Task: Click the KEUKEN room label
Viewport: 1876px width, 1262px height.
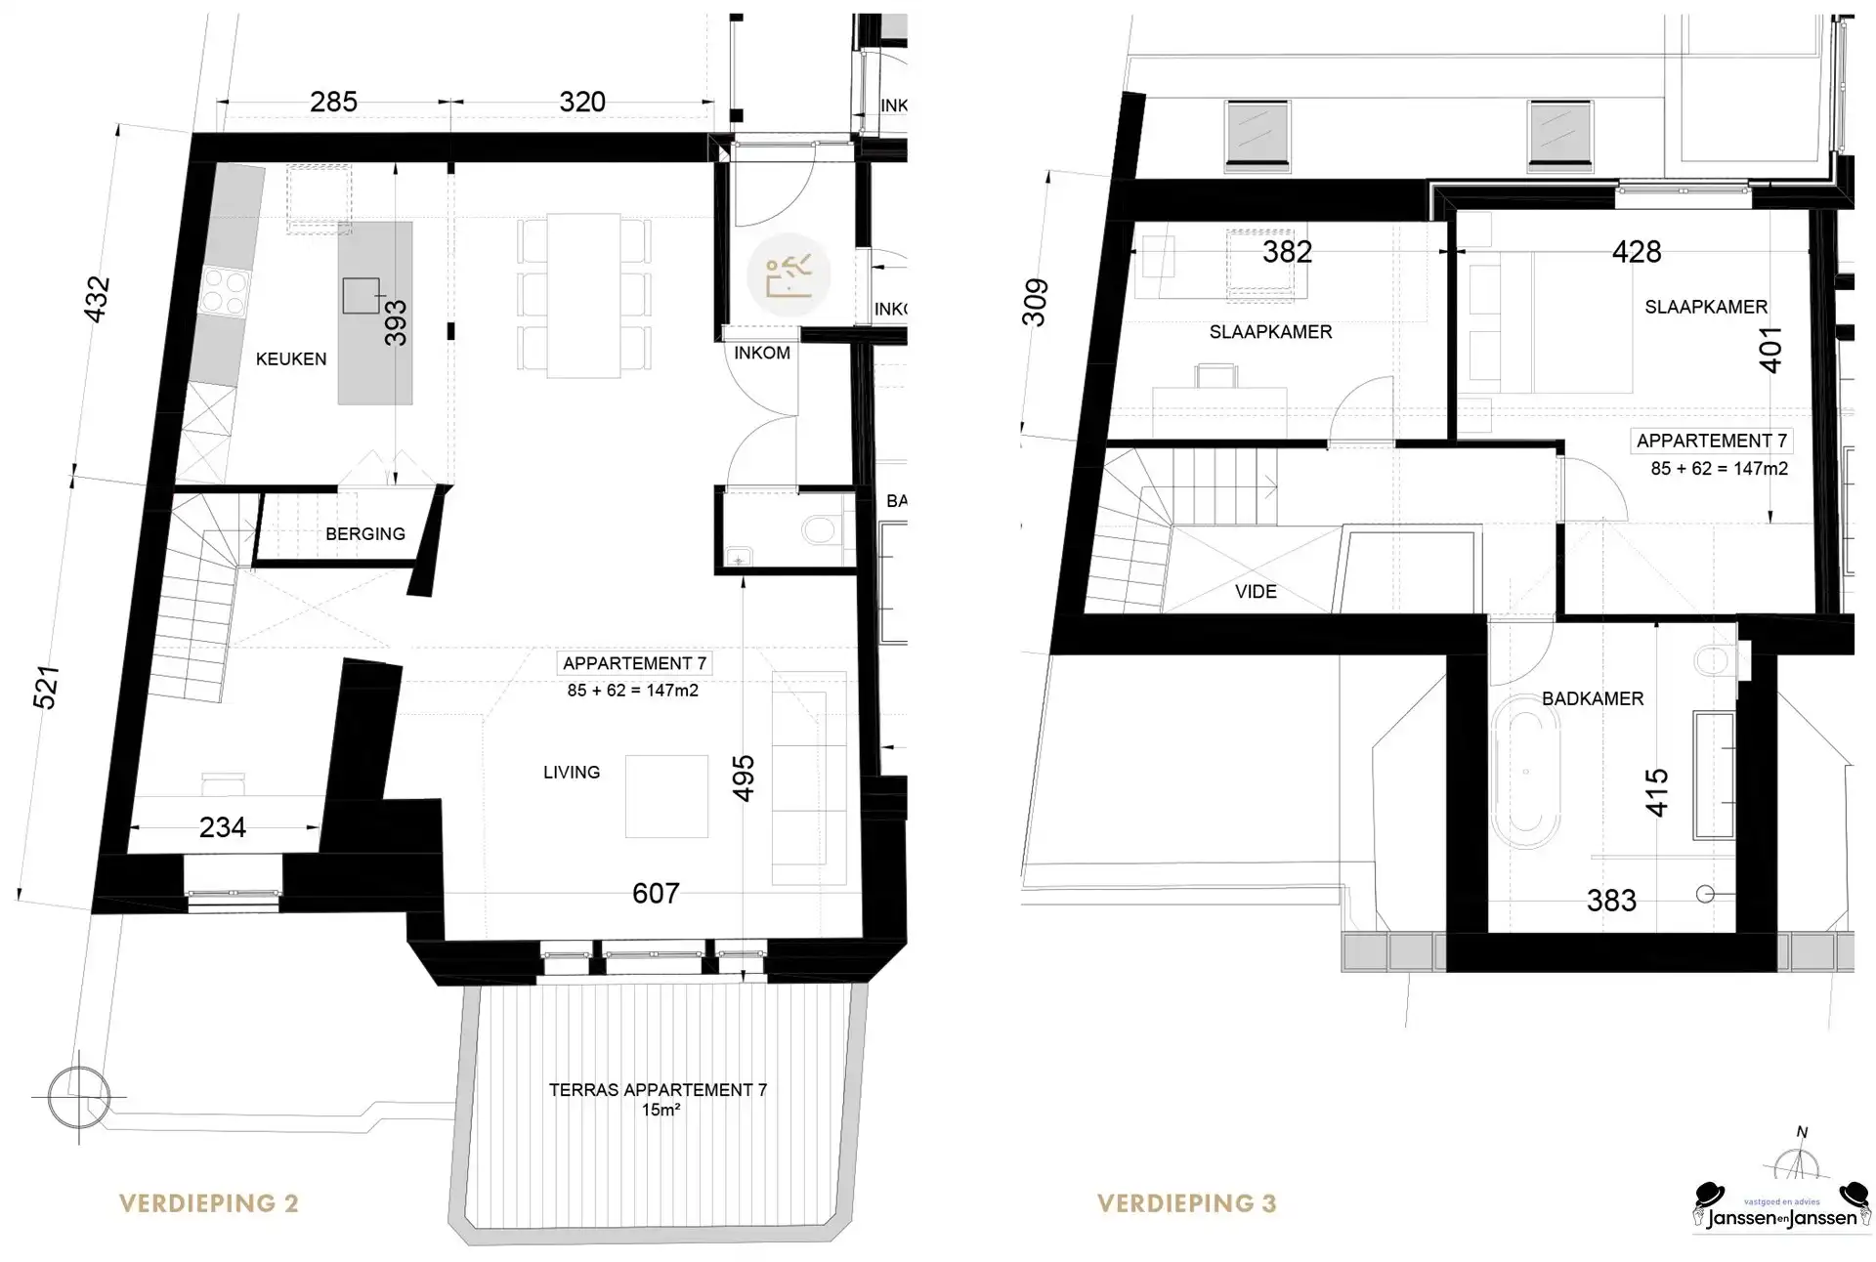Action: click(x=290, y=358)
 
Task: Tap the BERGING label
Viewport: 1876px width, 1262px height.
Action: click(x=364, y=533)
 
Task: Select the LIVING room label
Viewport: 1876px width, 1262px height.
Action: click(x=571, y=772)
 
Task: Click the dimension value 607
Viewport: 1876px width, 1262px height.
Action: click(x=655, y=893)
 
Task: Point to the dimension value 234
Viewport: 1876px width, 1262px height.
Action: click(x=222, y=827)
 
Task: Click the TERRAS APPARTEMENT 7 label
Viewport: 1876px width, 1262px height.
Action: click(x=658, y=1090)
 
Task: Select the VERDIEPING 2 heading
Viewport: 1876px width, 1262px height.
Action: click(x=208, y=1203)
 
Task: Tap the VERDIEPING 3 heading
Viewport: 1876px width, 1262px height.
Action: click(x=1186, y=1203)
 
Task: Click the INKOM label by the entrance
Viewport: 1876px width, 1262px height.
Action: click(x=761, y=353)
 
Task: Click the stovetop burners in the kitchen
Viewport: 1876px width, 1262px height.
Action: click(x=223, y=291)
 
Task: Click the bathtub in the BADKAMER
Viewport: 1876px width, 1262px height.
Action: click(x=1525, y=772)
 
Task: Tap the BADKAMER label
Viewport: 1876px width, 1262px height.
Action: click(x=1592, y=698)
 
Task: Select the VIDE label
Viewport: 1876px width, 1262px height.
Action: click(x=1255, y=591)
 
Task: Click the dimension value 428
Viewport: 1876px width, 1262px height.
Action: click(x=1636, y=252)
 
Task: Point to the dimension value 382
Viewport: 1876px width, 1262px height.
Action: click(x=1286, y=252)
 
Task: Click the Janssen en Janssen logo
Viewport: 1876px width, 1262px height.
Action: click(x=1781, y=1208)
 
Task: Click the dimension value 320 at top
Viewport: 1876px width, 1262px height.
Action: click(x=581, y=102)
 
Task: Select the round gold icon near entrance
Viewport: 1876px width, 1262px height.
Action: click(x=788, y=275)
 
